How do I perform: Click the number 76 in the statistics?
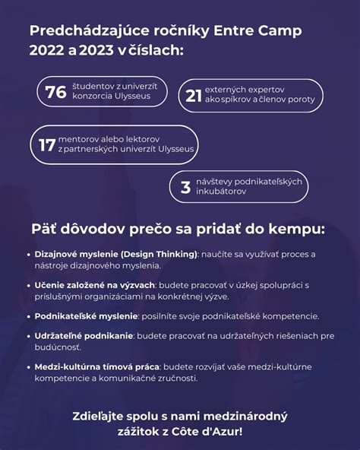(x=55, y=92)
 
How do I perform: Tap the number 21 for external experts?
(x=193, y=95)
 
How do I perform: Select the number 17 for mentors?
(x=46, y=144)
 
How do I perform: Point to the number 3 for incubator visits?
(x=185, y=187)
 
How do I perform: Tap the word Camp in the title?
(x=278, y=31)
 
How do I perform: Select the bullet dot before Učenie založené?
(x=27, y=284)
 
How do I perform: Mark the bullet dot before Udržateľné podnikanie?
(x=27, y=335)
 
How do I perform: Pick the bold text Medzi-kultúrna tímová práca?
(x=94, y=366)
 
